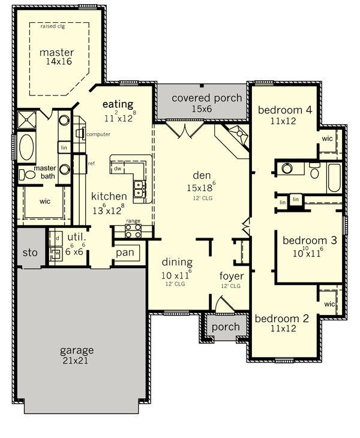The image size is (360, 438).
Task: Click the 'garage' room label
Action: [77, 350]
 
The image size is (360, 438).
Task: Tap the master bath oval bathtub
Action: [26, 147]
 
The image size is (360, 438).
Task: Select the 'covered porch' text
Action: [207, 98]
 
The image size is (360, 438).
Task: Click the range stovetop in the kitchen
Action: [133, 231]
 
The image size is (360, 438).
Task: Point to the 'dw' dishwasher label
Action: [118, 169]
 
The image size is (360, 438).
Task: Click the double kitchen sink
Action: [139, 189]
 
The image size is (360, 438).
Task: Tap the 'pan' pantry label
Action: [125, 253]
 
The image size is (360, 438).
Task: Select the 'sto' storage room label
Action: [30, 253]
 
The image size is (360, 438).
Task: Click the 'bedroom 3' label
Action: [310, 241]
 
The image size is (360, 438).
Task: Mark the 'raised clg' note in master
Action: [53, 26]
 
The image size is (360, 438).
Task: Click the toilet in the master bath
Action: [27, 175]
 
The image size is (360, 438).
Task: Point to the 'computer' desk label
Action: [98, 134]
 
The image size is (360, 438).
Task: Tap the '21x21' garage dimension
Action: [76, 361]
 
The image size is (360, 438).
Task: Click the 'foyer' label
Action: [232, 276]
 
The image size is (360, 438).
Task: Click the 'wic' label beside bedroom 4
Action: [328, 139]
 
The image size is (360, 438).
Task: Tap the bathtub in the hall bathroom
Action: [334, 178]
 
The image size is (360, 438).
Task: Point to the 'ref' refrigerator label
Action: [91, 163]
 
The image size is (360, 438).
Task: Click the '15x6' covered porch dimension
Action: [202, 109]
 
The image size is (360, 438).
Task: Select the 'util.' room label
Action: [77, 238]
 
